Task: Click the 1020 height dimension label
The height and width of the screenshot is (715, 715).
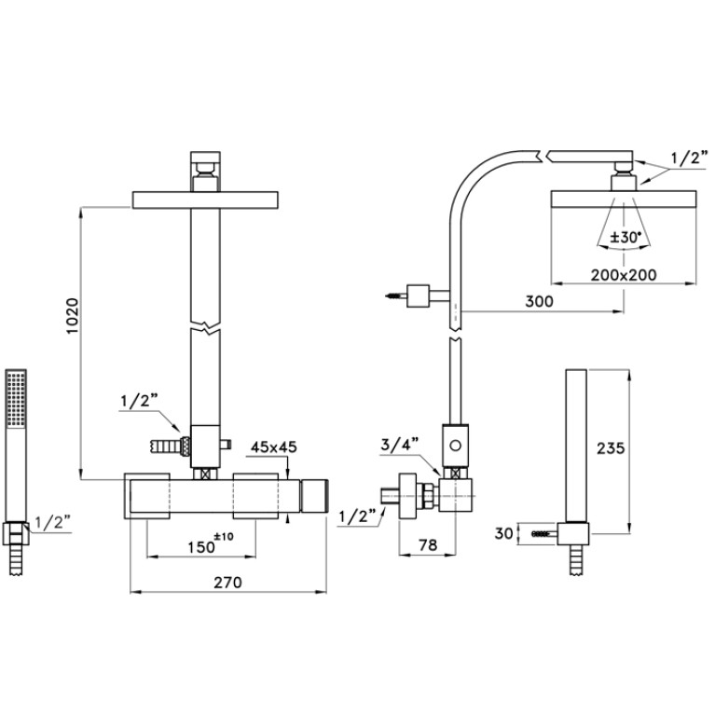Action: click(x=73, y=316)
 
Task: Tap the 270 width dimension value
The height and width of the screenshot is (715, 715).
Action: click(x=228, y=583)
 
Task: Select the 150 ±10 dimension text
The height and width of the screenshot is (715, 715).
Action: click(x=211, y=543)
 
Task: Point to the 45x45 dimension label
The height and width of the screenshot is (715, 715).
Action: click(x=273, y=447)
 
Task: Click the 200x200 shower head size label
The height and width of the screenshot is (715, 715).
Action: click(x=624, y=275)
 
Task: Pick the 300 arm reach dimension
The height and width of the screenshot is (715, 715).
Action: click(x=539, y=301)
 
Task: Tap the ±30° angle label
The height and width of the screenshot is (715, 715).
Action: click(x=626, y=237)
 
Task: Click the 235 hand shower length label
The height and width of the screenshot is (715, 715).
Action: click(x=610, y=448)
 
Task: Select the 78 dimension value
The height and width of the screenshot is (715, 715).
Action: click(x=428, y=544)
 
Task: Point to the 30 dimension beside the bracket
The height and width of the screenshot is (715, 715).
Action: click(x=504, y=533)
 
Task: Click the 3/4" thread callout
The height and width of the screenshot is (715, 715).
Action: click(x=400, y=444)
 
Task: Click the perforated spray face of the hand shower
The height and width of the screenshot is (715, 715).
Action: click(x=17, y=398)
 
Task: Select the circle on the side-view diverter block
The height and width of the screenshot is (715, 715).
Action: click(x=455, y=446)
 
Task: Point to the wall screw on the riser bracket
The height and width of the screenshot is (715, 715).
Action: click(x=395, y=296)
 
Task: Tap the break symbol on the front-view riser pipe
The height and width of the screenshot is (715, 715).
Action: click(x=205, y=327)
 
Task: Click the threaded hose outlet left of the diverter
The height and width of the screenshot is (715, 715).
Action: click(x=171, y=446)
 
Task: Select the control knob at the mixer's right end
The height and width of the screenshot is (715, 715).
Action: click(x=314, y=495)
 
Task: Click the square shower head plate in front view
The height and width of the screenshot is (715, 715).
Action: click(x=205, y=200)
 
